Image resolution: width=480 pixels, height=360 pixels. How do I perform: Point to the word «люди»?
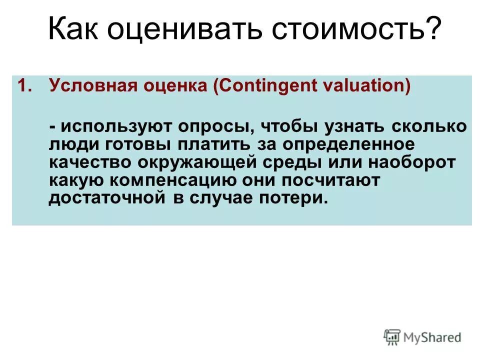coord(70,145)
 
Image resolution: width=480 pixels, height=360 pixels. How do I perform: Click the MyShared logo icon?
coord(392,337)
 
